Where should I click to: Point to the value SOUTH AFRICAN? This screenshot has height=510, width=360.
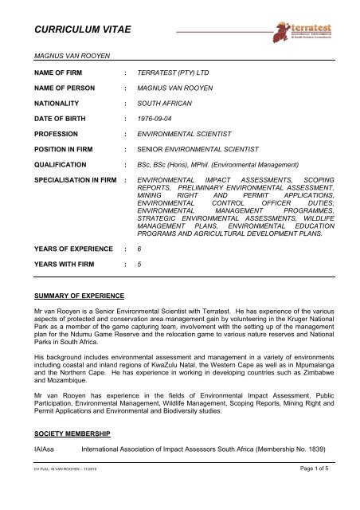click(168, 100)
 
